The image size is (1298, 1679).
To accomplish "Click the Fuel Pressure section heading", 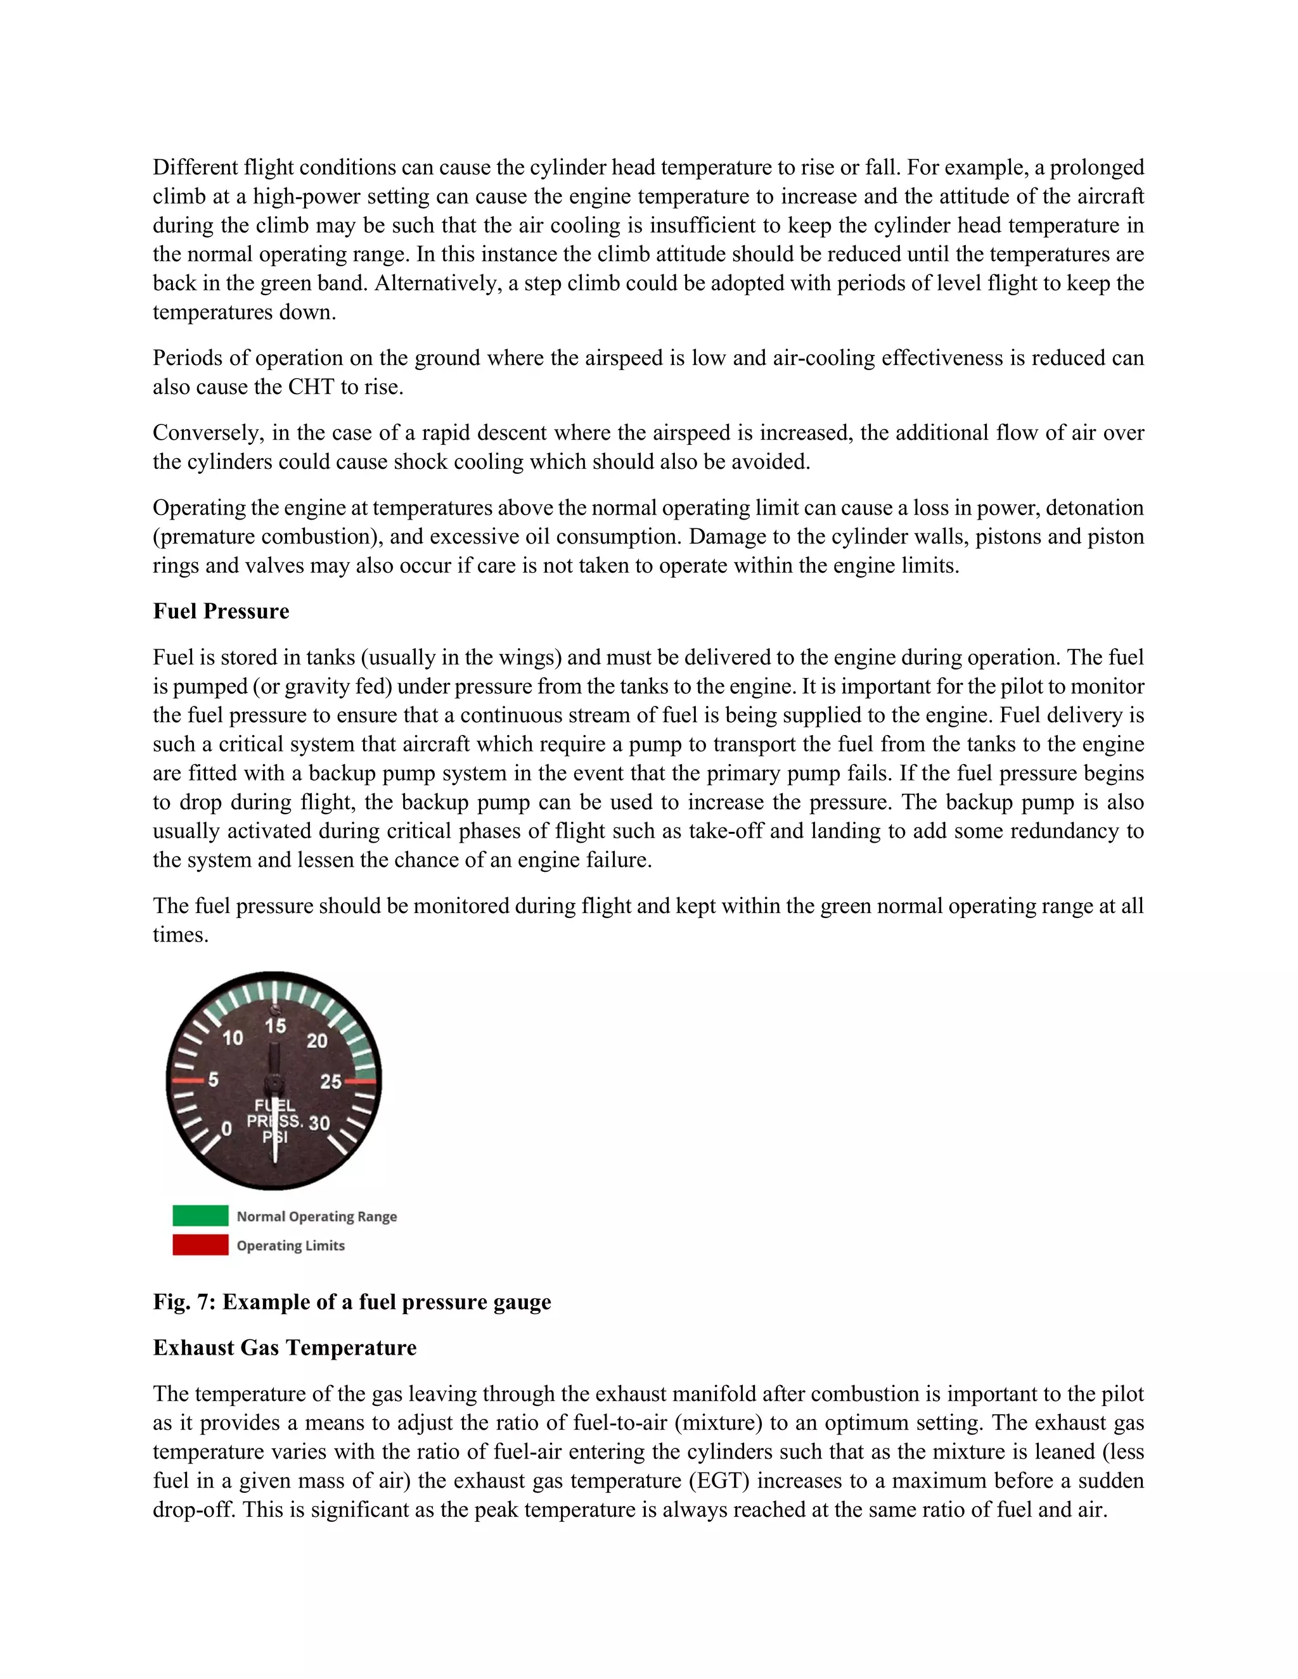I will coord(221,611).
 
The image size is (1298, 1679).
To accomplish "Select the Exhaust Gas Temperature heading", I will coord(285,1348).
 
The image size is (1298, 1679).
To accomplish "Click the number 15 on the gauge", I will coord(275,1026).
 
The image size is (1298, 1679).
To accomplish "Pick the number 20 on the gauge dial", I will coord(317,1041).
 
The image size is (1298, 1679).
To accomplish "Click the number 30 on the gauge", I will coord(319,1123).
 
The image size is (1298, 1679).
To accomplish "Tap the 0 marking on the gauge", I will coord(226,1128).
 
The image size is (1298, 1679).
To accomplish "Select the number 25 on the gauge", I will coord(331,1082).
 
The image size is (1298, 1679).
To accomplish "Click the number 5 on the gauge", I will coord(213,1080).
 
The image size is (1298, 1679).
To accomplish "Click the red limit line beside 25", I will coord(360,1081).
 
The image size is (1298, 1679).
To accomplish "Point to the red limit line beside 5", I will coord(187,1080).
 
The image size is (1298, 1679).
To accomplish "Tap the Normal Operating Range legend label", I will coord(317,1216).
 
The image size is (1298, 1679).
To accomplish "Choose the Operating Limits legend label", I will coord(291,1246).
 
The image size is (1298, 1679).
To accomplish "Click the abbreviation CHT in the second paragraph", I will coord(311,386).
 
